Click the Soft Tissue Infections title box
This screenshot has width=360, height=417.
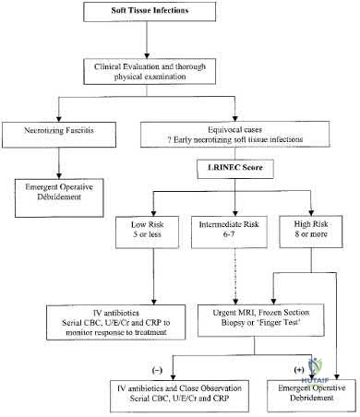tap(150, 11)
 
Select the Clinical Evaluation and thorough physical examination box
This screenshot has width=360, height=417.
tap(150, 72)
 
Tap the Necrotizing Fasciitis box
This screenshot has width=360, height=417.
tap(59, 135)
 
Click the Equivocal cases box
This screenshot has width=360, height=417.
tap(235, 134)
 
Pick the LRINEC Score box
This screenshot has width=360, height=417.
tap(235, 169)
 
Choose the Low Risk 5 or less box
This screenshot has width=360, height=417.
tap(147, 232)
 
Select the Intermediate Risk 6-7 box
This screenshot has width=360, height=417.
tap(229, 232)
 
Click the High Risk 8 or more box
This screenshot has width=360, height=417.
tap(311, 232)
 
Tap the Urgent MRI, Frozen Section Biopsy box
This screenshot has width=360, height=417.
tap(261, 320)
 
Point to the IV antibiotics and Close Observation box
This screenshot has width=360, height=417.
tap(179, 396)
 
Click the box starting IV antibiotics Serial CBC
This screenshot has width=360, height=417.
tap(116, 322)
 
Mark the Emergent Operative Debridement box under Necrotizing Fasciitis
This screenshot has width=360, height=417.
tap(59, 198)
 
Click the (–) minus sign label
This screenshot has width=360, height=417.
tap(157, 370)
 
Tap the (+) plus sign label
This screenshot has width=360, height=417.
tap(299, 370)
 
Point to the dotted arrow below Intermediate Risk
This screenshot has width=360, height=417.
tap(235, 276)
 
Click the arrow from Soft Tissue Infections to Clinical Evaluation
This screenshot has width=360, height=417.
tap(147, 40)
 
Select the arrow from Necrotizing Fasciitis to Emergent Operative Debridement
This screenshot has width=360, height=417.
tap(59, 163)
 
